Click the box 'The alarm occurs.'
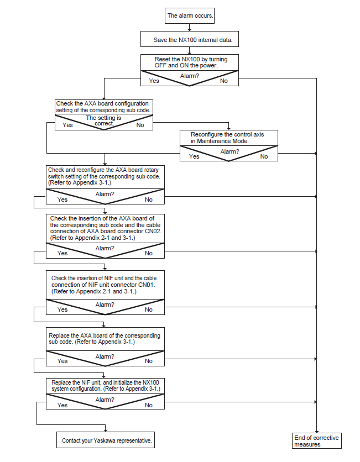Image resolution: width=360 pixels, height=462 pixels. point(189,15)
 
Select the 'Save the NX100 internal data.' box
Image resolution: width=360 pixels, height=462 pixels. point(190,39)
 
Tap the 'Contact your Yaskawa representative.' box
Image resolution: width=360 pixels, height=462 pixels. point(106,440)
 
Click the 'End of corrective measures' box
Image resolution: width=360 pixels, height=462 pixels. point(317,441)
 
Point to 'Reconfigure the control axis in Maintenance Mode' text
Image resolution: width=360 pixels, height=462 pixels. point(227,138)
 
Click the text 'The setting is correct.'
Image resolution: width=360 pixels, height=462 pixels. point(104,120)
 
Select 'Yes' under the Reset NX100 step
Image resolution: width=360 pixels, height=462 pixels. point(154,81)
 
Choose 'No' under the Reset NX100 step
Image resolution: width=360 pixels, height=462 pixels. point(224,81)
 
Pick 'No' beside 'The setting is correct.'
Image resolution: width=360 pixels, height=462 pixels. point(140,125)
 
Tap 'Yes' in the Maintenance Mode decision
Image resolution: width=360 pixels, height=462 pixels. point(194,156)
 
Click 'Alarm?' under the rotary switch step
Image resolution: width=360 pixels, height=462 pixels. point(105,194)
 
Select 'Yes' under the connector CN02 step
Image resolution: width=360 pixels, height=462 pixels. point(62,253)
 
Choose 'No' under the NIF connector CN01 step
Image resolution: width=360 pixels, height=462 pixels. point(149,309)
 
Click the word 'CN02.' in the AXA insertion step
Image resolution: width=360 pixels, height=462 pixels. point(153,232)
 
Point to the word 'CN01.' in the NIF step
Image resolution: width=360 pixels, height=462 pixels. point(147,285)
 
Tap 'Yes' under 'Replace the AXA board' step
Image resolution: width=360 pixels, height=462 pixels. point(62,361)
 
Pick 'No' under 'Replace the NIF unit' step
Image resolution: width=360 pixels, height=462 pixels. point(149,405)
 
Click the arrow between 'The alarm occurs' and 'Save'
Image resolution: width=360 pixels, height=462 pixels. point(190,28)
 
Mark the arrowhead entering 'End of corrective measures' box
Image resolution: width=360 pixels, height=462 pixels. point(317,432)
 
